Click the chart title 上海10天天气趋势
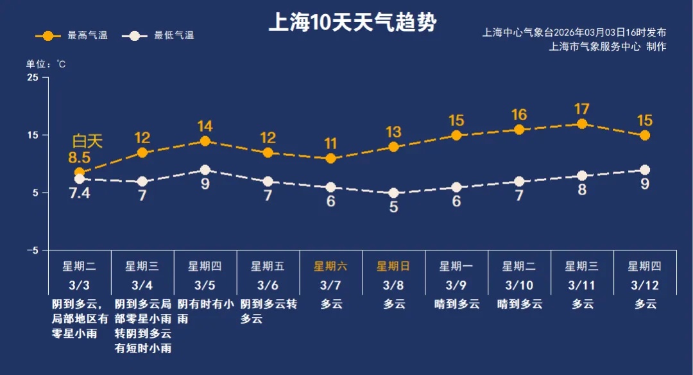click(x=352, y=23)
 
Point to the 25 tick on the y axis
click(x=32, y=78)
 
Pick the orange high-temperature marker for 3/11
click(x=582, y=124)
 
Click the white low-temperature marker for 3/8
click(x=394, y=193)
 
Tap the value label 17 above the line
click(x=582, y=109)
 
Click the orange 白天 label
click(x=87, y=141)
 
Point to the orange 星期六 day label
click(x=330, y=266)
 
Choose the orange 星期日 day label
click(x=393, y=266)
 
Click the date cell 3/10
click(x=519, y=284)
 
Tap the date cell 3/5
click(x=205, y=284)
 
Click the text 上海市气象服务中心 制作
click(x=608, y=46)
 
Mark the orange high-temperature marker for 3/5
click(x=205, y=141)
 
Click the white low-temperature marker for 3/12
click(x=645, y=170)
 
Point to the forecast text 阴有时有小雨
click(x=205, y=310)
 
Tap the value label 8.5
click(x=80, y=157)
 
